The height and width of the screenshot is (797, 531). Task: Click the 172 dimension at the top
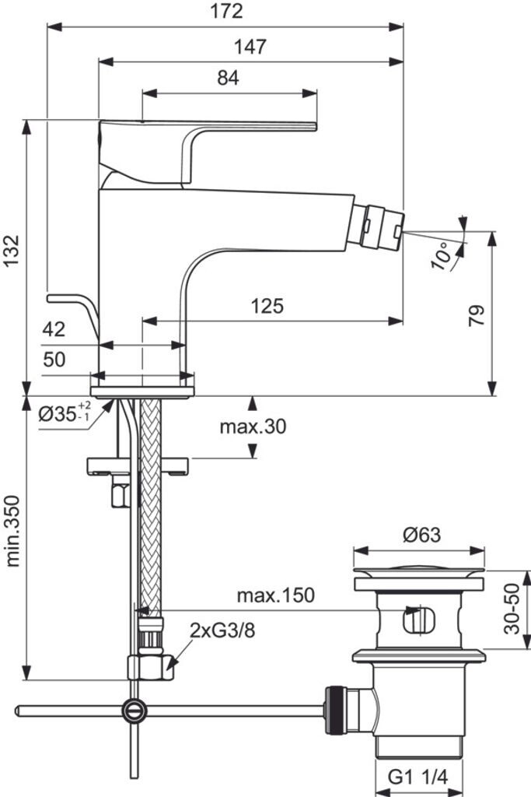(225, 12)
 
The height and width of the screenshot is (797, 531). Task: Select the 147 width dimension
(250, 47)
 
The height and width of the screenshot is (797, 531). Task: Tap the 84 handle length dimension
(228, 78)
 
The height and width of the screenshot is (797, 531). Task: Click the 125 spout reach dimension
(267, 306)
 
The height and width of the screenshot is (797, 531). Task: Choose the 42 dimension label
(54, 329)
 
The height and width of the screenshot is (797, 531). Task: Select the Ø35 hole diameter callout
(65, 413)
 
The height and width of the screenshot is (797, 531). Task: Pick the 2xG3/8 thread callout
(222, 630)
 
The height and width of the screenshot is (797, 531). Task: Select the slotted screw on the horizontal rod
(134, 710)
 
